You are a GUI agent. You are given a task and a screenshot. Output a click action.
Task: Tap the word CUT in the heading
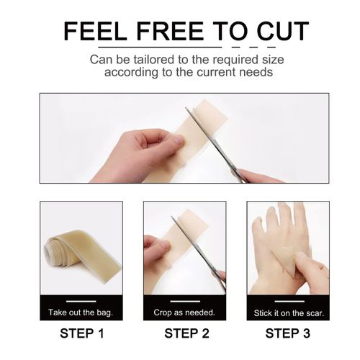click(x=281, y=32)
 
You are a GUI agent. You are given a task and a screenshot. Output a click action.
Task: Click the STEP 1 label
click(x=81, y=333)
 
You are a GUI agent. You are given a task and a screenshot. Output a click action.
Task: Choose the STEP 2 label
click(x=184, y=333)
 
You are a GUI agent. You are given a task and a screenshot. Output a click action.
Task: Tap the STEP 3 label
click(x=287, y=333)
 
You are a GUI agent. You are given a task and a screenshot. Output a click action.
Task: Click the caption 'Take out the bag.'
click(x=81, y=313)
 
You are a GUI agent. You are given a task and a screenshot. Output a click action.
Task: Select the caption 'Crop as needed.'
click(x=184, y=313)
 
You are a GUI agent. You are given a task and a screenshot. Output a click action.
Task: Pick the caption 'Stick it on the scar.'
click(x=287, y=313)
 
